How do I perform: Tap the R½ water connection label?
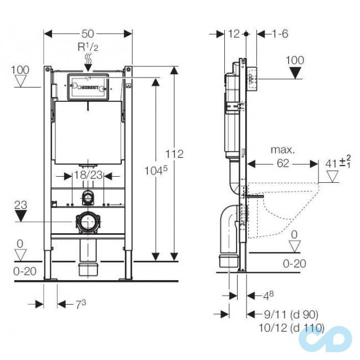coord(88,47)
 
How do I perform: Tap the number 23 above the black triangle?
coord(20,204)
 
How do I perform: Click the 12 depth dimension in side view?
coord(233,34)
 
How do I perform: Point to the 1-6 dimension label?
coord(280,34)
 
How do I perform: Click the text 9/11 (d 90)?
coord(291,314)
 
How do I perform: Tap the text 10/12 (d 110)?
coord(291,327)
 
